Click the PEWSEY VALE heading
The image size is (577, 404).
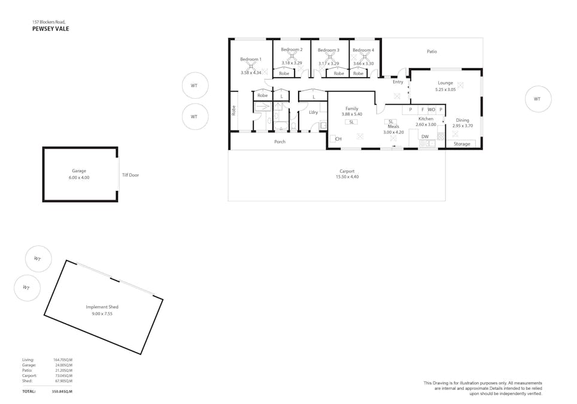click(x=50, y=28)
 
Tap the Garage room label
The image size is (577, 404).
click(x=79, y=171)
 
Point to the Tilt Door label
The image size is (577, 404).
click(x=130, y=175)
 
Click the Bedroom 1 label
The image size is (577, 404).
click(x=251, y=59)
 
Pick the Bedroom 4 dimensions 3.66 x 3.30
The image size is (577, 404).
click(x=363, y=63)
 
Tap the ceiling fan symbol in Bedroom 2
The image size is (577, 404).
click(x=292, y=57)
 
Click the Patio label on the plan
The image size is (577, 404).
click(x=432, y=51)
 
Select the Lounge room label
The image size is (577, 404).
click(x=445, y=83)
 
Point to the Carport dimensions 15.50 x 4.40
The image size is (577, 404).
click(x=347, y=177)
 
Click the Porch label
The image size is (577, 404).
click(x=280, y=142)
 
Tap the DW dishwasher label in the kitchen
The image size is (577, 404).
click(x=425, y=136)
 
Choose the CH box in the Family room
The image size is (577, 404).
click(x=333, y=139)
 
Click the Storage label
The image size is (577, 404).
click(x=461, y=144)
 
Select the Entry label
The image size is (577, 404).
click(x=398, y=82)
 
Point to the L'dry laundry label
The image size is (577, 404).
click(x=313, y=112)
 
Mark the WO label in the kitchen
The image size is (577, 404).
click(x=432, y=110)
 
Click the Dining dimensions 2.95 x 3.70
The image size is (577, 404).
click(x=462, y=126)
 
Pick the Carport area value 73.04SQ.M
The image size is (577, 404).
click(x=63, y=375)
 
